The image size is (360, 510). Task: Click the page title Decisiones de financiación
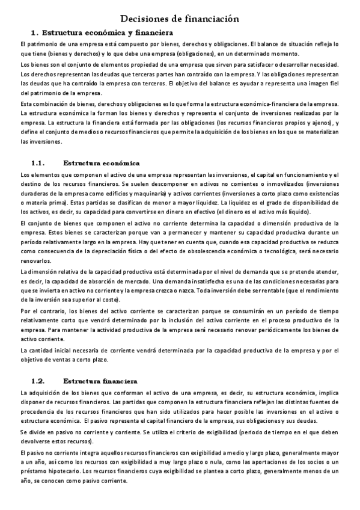pyautogui.click(x=180, y=19)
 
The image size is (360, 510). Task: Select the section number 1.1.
pyautogui.click(x=38, y=163)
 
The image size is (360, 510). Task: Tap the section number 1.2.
pyautogui.click(x=38, y=381)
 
